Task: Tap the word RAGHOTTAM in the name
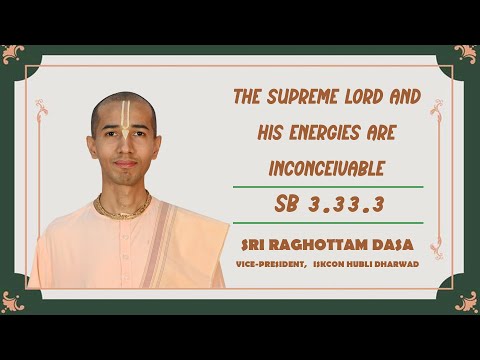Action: point(336,244)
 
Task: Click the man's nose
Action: point(124,150)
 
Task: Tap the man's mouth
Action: point(124,165)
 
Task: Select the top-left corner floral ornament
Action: point(14,55)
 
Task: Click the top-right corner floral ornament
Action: point(465,54)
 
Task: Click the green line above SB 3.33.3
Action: point(327,187)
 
